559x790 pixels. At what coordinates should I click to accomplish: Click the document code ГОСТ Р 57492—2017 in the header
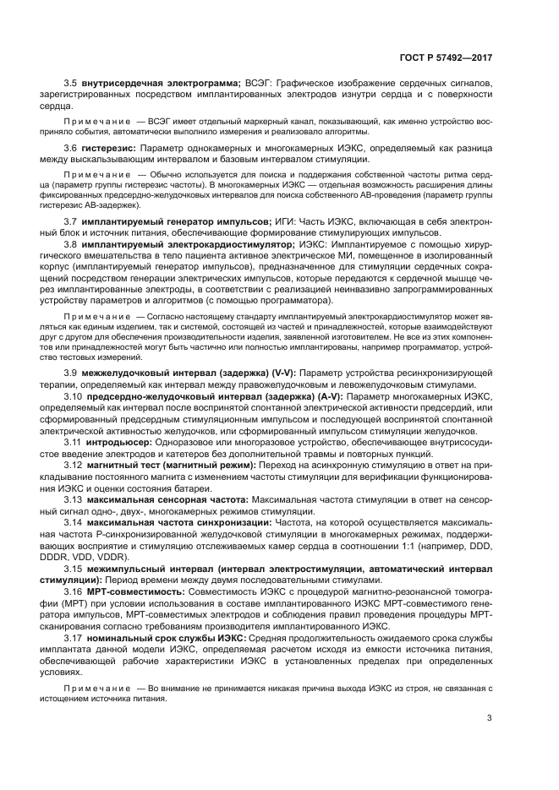tap(445, 58)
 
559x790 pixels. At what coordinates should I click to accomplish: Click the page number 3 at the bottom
tap(490, 719)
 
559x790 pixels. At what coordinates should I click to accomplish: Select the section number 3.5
tap(71, 84)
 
